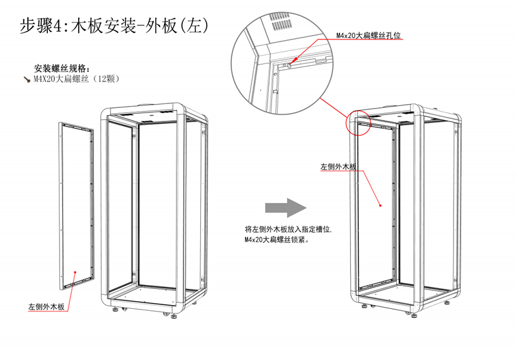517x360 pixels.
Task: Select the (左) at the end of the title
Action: [x=193, y=26]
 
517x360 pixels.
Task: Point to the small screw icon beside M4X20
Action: [x=27, y=79]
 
